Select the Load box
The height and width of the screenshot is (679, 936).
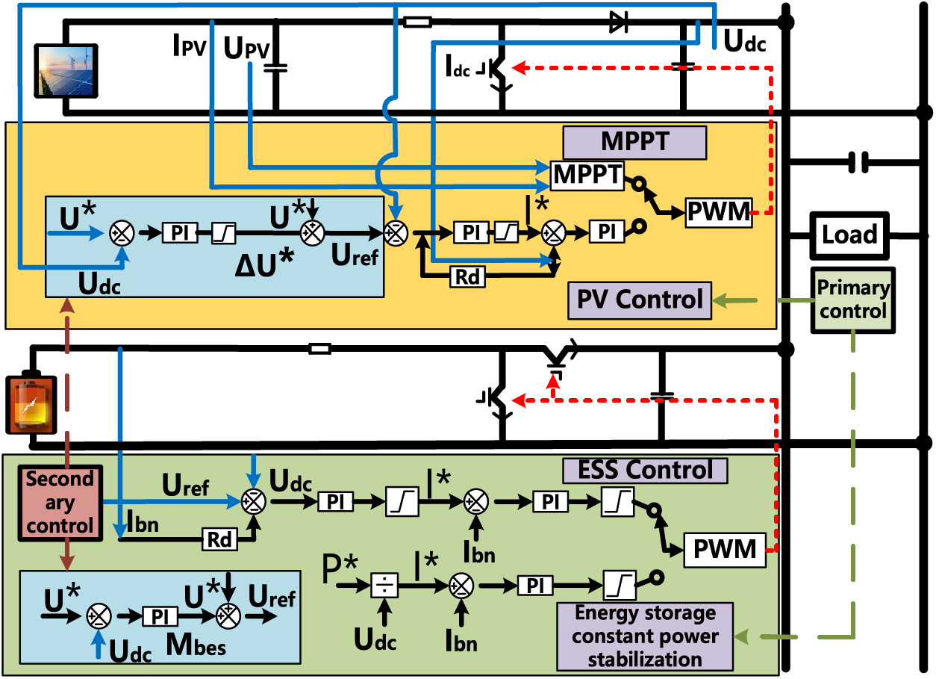[x=849, y=235]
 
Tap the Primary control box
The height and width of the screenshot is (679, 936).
[x=853, y=299]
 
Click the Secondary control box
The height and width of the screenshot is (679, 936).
[x=60, y=502]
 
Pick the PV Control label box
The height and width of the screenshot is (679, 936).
[x=640, y=300]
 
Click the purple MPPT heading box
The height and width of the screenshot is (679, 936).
[x=634, y=142]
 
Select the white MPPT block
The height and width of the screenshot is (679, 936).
[x=587, y=175]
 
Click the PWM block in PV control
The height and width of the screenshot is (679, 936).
[x=717, y=213]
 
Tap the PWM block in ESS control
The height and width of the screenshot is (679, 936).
[x=725, y=550]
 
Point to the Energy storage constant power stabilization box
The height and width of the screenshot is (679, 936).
[x=645, y=636]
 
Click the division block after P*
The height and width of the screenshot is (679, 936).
[x=384, y=586]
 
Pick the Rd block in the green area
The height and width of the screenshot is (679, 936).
[x=219, y=539]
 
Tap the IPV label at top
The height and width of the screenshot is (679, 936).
[x=189, y=47]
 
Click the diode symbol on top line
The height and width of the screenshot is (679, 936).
[x=618, y=23]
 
